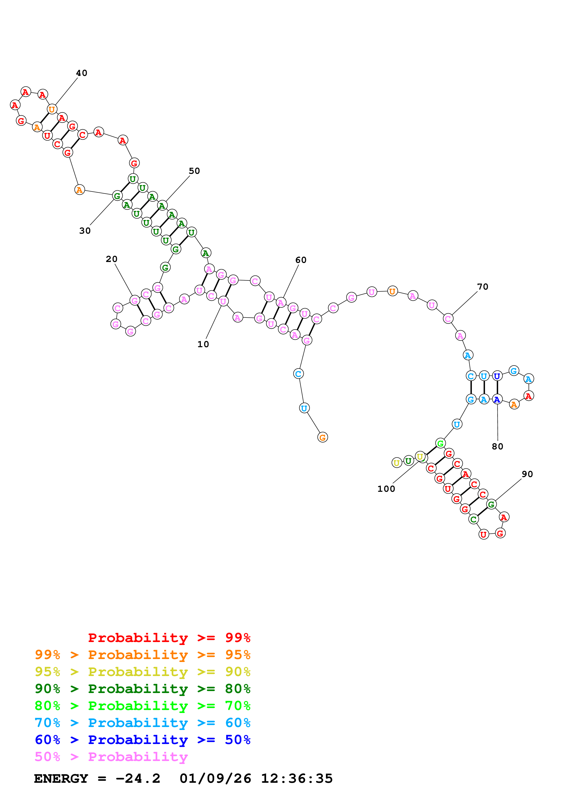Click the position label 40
[82, 73]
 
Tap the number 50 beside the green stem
[194, 171]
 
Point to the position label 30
[85, 231]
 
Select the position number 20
[112, 259]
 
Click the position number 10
[203, 344]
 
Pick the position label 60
[301, 260]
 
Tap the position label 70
[483, 287]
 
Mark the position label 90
[527, 474]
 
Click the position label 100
[386, 489]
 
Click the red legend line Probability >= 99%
[169, 638]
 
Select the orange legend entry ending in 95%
[142, 655]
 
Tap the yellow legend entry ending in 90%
[142, 672]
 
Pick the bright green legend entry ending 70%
[142, 706]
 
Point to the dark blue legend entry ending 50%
[142, 740]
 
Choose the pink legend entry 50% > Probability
[111, 756]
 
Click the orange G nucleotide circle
[322, 437]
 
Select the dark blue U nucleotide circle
[497, 376]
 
